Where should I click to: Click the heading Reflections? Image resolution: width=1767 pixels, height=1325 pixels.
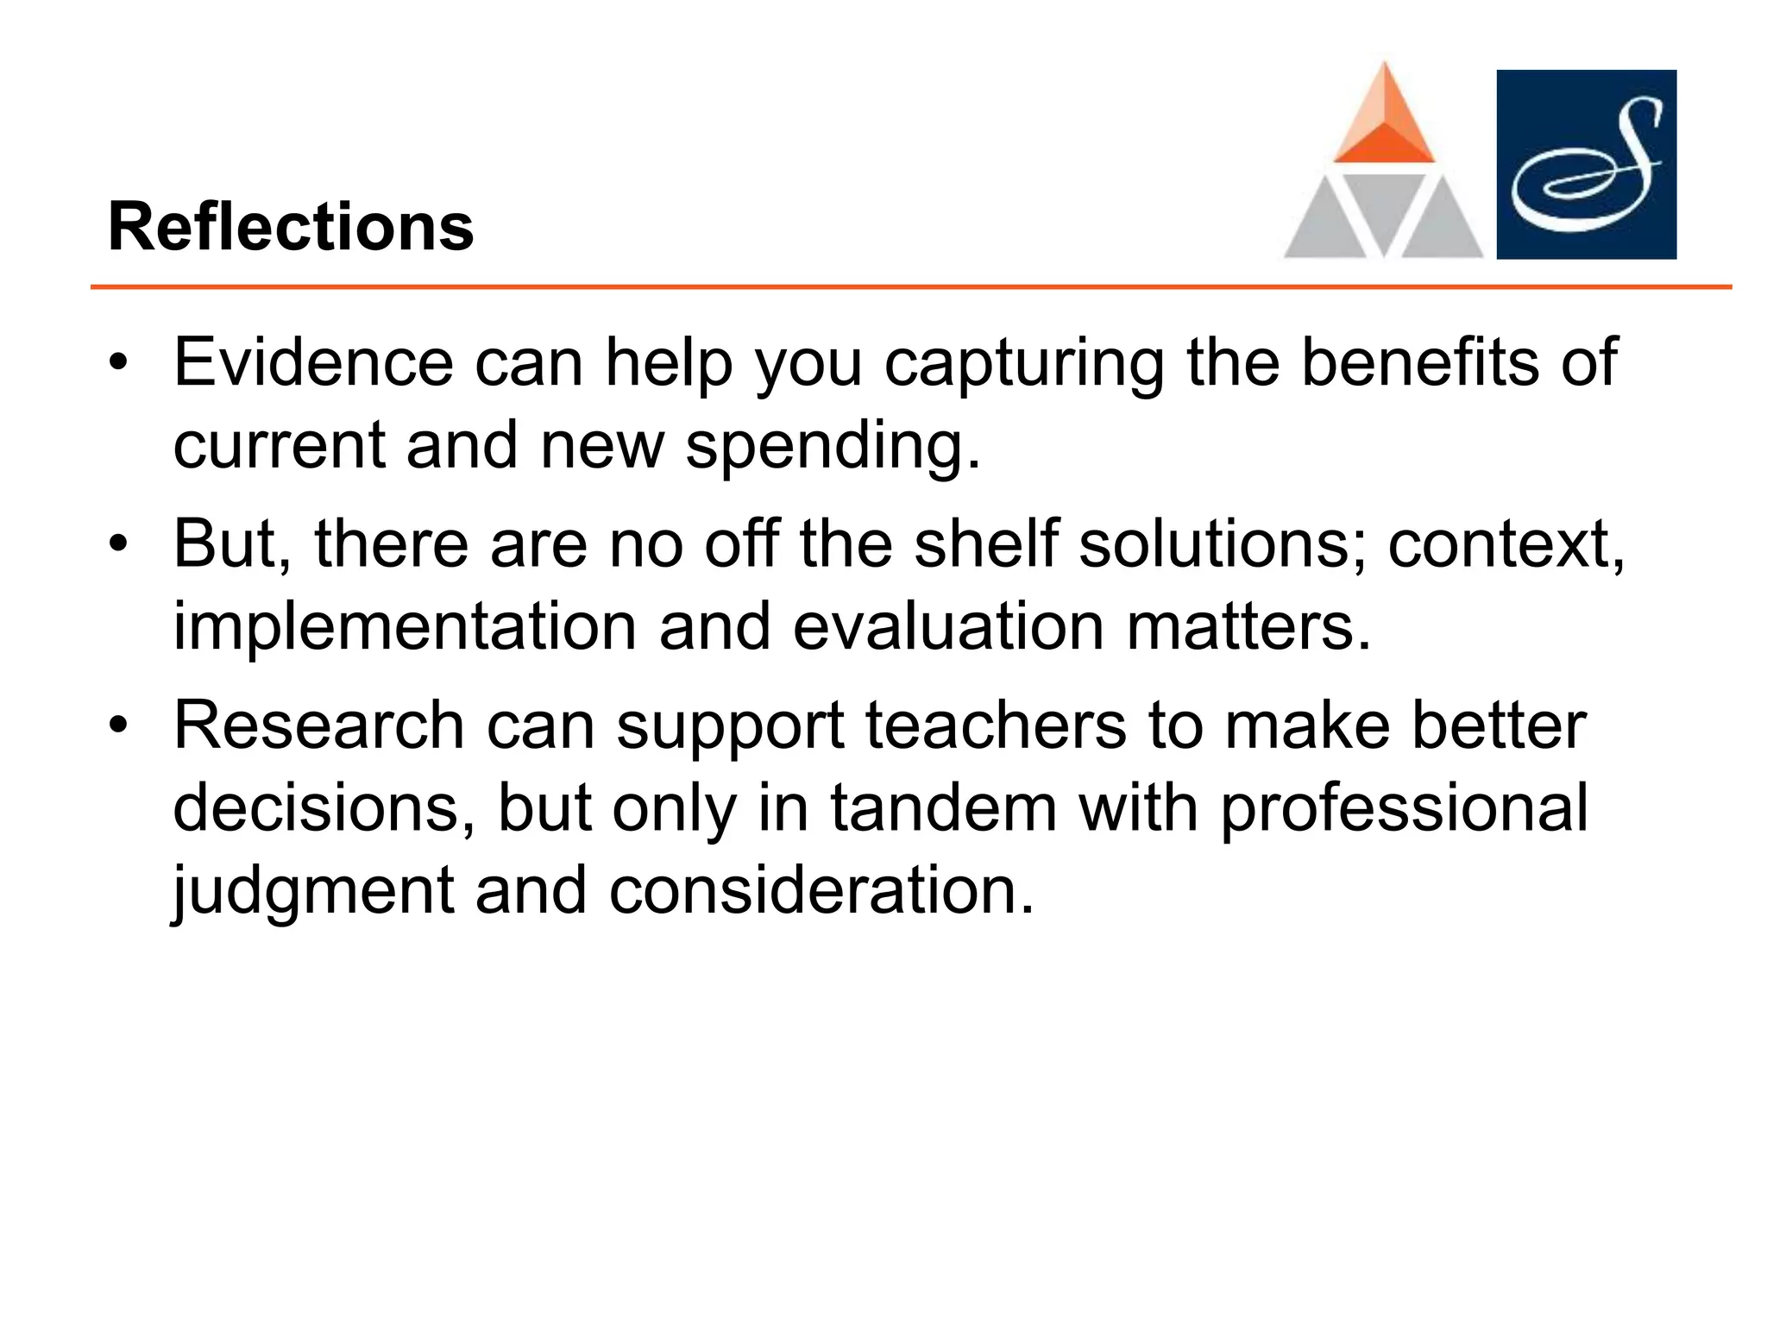click(291, 227)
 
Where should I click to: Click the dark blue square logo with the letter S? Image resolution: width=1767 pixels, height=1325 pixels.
click(1586, 164)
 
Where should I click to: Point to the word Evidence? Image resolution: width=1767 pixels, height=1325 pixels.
click(313, 362)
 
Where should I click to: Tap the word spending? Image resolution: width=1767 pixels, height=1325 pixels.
click(833, 447)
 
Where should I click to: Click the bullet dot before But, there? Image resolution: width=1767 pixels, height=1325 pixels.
click(118, 545)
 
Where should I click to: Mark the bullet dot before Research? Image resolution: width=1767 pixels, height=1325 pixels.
click(118, 726)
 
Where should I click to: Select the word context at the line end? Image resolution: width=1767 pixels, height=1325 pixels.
click(1505, 545)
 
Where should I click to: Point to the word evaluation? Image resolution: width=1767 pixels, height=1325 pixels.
click(948, 626)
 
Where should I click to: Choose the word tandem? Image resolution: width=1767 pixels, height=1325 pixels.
click(943, 808)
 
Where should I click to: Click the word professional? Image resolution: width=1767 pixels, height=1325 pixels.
click(1404, 810)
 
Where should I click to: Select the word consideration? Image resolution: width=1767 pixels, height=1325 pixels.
click(821, 890)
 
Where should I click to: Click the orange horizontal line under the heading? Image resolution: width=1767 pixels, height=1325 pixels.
click(910, 286)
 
